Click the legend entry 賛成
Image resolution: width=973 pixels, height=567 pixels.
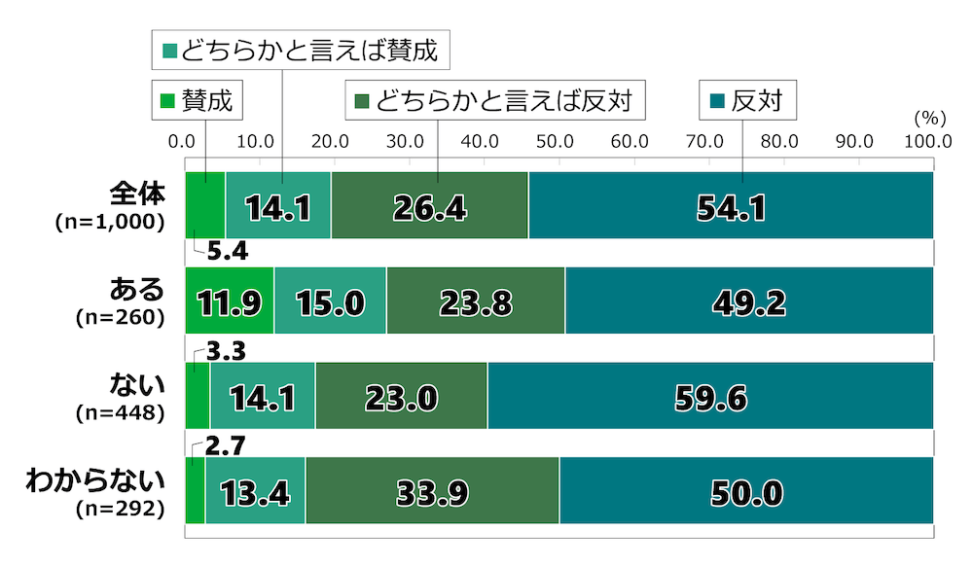(x=198, y=100)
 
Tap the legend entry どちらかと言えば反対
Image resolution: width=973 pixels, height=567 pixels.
(x=497, y=100)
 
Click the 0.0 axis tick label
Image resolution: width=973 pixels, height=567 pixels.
(x=182, y=141)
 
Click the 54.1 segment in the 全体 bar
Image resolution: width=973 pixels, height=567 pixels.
(x=731, y=205)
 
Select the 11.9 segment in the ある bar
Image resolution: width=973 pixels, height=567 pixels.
(x=230, y=301)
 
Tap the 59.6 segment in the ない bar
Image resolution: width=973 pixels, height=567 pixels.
(x=710, y=396)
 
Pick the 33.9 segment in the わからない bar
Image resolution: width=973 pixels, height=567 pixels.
(x=432, y=491)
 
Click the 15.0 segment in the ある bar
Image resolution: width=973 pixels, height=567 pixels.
(x=330, y=301)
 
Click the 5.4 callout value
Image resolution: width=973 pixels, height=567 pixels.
(x=227, y=253)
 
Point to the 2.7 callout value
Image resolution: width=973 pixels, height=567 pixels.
(x=226, y=444)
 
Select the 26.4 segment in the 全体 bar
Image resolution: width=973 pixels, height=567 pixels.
(x=430, y=205)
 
